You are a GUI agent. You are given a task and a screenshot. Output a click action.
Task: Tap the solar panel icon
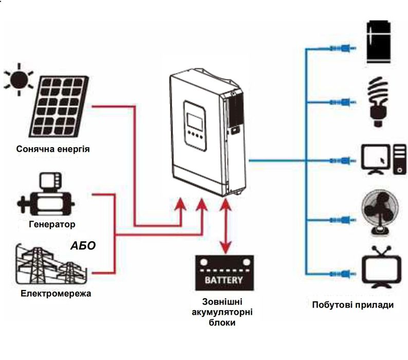59,109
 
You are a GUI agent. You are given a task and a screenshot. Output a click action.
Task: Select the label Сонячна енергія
53,150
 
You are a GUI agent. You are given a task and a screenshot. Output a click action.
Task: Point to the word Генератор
52,224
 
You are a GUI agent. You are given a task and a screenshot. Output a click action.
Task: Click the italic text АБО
83,245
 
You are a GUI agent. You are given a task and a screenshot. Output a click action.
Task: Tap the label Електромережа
49,294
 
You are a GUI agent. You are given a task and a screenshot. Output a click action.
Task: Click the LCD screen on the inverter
195,119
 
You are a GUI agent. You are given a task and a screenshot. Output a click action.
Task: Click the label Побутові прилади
353,305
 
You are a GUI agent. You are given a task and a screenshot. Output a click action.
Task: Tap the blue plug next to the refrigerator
340,49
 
